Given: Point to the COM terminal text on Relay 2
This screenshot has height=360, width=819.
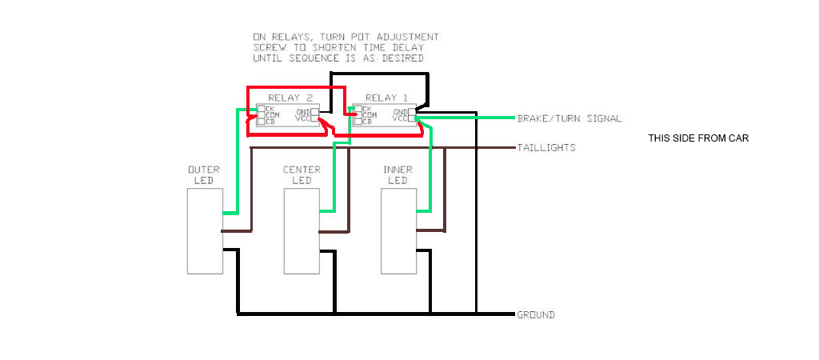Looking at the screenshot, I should pyautogui.click(x=274, y=115).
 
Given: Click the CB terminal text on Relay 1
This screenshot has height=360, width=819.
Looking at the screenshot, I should pyautogui.click(x=366, y=122).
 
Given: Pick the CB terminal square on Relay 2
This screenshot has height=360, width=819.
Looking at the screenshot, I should pyautogui.click(x=261, y=122).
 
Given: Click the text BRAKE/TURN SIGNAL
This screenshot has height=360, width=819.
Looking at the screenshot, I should pyautogui.click(x=569, y=118).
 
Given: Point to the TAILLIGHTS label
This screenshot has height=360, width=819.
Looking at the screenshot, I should pyautogui.click(x=546, y=148).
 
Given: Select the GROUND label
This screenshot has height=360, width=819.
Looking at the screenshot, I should pyautogui.click(x=536, y=315).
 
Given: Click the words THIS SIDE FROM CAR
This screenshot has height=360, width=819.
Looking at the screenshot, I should pyautogui.click(x=697, y=138).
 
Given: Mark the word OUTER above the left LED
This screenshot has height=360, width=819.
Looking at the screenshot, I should pyautogui.click(x=204, y=170).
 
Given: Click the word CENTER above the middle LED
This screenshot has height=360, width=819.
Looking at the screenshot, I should pyautogui.click(x=302, y=170).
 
